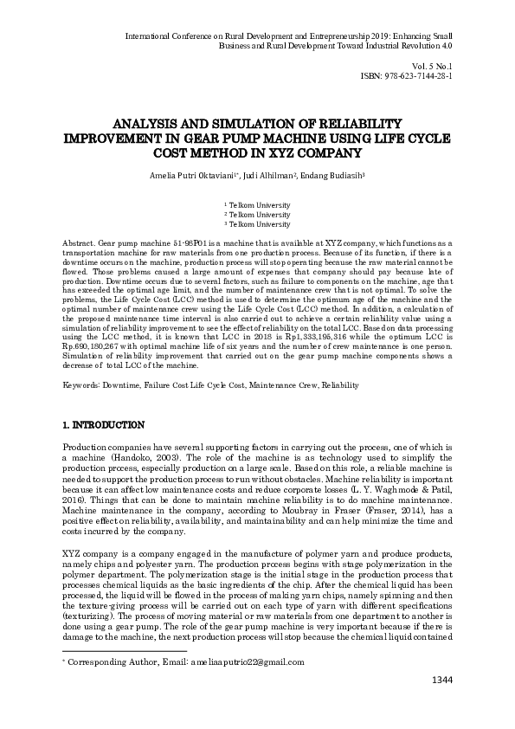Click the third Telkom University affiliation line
(x=257, y=224)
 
